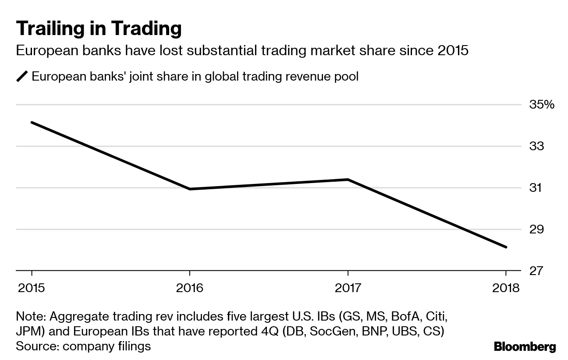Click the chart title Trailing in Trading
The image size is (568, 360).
click(99, 28)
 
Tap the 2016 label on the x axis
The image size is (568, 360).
click(189, 288)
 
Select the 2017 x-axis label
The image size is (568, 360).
click(348, 288)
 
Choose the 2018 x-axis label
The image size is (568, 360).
click(505, 288)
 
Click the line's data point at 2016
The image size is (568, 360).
click(189, 189)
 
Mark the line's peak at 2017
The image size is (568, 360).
click(348, 179)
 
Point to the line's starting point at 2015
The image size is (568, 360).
click(32, 122)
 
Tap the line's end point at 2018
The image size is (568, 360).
click(506, 247)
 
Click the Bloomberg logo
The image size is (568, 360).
click(525, 347)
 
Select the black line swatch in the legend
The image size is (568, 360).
click(22, 77)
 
